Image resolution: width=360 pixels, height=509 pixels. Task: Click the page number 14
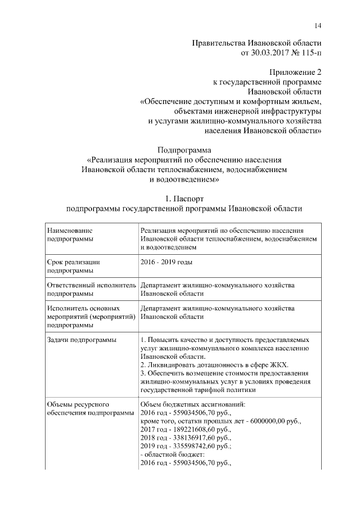coord(318,24)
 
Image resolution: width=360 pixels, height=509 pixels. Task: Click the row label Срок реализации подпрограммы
coord(74,266)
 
